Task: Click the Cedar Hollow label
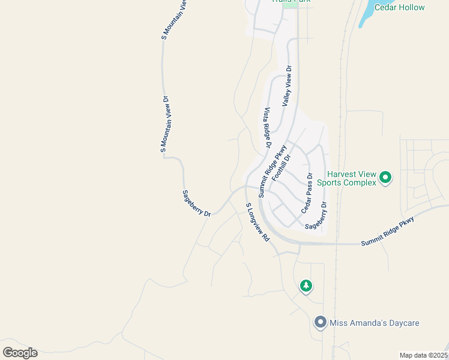[399, 7]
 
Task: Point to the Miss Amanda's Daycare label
[375, 323]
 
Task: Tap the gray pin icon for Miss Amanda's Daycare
[321, 323]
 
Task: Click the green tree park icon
[306, 286]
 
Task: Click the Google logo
[20, 352]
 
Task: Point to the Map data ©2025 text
[423, 355]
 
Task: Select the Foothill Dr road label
[281, 167]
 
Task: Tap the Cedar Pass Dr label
[307, 193]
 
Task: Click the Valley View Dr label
[286, 86]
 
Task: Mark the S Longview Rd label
[258, 222]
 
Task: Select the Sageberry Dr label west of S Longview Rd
[197, 203]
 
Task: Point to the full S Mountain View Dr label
[166, 124]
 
